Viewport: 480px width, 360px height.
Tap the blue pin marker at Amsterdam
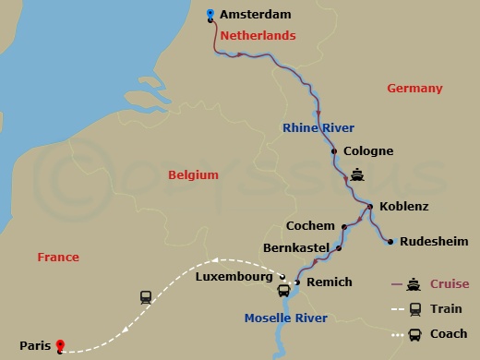point(211,14)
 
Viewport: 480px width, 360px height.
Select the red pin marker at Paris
point(60,346)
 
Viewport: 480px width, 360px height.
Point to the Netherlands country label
point(258,36)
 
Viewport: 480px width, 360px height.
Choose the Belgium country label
point(193,174)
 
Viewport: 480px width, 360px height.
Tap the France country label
point(58,258)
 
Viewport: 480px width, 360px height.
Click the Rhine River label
point(318,127)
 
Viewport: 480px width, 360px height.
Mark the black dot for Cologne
point(333,150)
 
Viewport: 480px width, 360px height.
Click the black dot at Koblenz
point(369,207)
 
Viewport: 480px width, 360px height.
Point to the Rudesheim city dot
point(390,242)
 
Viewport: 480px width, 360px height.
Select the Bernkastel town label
point(296,249)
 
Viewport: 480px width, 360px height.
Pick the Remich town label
point(328,282)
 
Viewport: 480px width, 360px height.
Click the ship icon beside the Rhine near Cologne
point(358,174)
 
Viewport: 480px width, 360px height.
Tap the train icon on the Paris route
point(146,297)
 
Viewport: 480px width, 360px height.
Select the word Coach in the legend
point(449,334)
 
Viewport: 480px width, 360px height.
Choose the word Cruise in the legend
point(449,283)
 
